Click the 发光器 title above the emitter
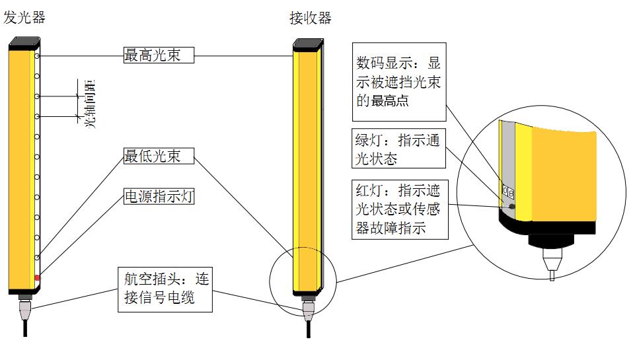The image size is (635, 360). coord(24,18)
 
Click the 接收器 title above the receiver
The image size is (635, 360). coord(310,18)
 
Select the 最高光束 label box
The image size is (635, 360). coord(160,55)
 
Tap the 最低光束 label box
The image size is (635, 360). coord(160,156)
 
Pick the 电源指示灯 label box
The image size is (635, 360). coord(160,196)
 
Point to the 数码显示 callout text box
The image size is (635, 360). coord(398,82)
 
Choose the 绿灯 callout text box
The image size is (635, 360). coord(398,149)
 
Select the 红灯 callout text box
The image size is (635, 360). coord(398,210)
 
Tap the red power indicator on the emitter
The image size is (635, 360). coord(37,277)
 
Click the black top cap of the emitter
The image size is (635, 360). coord(24,43)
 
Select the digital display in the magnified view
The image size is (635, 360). coord(508,192)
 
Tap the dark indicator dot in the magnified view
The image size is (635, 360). coord(511,206)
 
